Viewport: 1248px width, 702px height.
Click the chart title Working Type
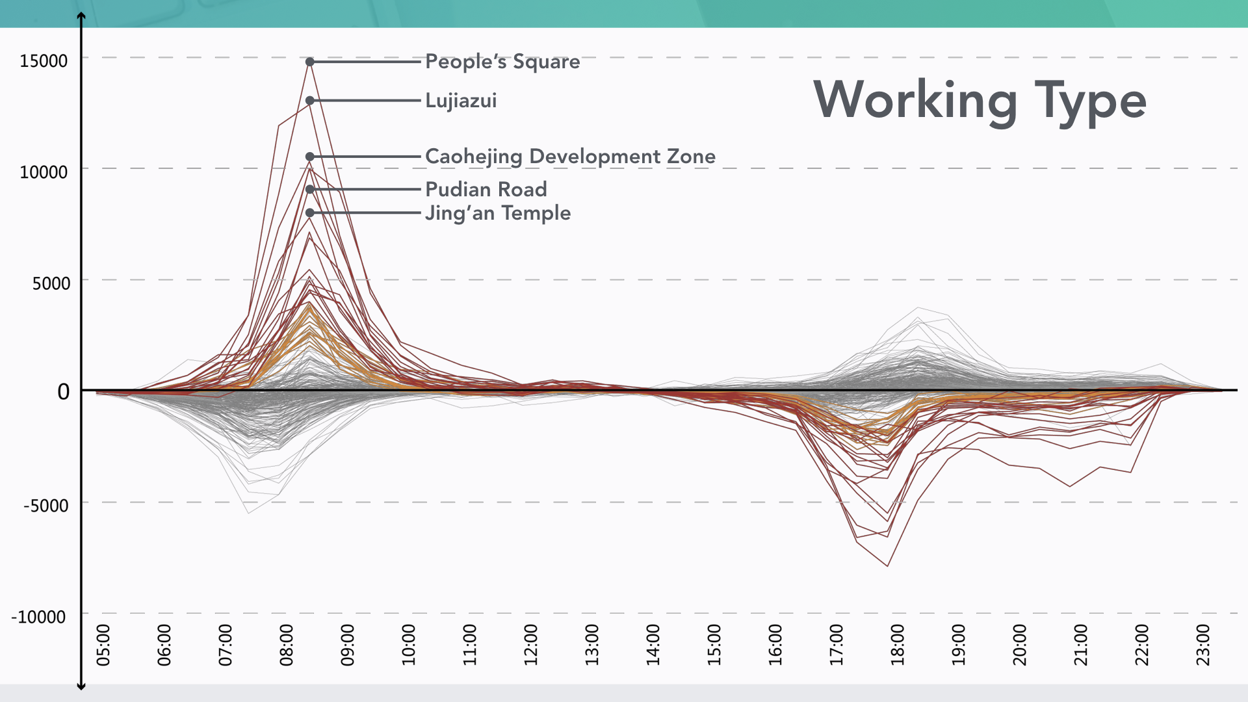click(980, 101)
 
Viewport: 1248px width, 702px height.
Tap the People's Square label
click(502, 62)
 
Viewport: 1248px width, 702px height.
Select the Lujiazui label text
click(461, 101)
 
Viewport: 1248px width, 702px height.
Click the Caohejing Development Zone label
click(570, 157)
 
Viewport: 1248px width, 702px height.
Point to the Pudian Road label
click(486, 189)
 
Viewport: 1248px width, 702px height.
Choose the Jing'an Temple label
click(498, 213)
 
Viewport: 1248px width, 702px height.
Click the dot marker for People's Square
click(310, 62)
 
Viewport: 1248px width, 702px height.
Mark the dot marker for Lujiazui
click(310, 101)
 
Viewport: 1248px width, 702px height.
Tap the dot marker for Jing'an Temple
click(310, 213)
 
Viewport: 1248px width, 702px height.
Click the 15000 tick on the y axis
click(44, 61)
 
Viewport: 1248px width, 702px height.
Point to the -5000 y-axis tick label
click(45, 506)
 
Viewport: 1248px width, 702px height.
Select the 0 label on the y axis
click(63, 392)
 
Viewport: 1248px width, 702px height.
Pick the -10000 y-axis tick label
click(38, 617)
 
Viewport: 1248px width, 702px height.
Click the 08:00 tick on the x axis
click(286, 645)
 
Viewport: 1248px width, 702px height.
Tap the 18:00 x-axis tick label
click(897, 645)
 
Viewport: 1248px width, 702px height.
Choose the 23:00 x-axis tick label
click(1203, 645)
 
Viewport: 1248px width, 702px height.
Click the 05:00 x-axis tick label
click(103, 645)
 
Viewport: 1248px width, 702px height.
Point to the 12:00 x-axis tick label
click(530, 645)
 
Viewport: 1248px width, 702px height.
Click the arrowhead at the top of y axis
click(81, 16)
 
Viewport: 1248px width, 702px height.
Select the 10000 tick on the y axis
click(44, 172)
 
